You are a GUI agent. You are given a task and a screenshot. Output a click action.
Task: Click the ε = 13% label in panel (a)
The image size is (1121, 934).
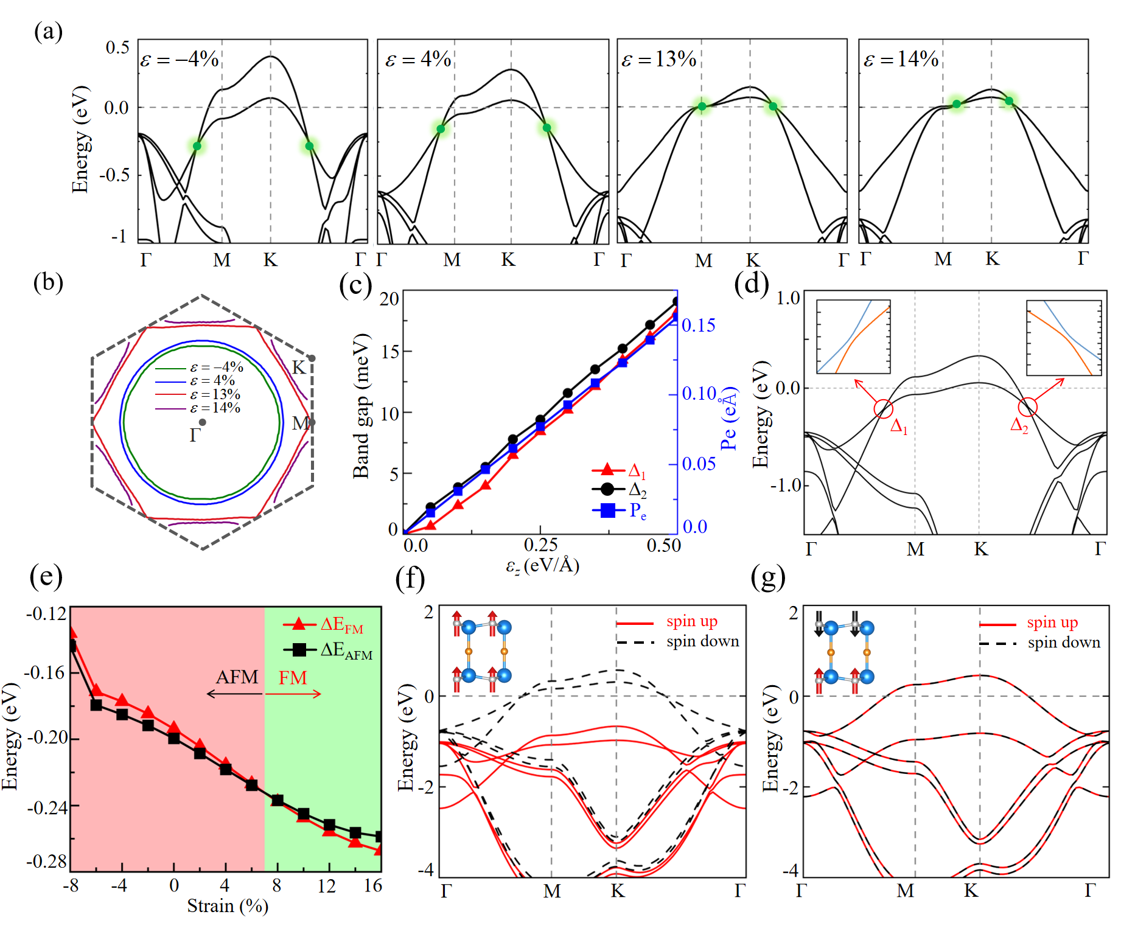(659, 60)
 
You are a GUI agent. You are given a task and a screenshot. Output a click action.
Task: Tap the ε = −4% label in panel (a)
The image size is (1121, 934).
(180, 60)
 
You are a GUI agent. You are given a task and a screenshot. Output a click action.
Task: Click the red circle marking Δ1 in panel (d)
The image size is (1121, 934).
(883, 409)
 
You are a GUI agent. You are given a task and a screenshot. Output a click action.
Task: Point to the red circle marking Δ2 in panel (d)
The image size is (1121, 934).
(1028, 406)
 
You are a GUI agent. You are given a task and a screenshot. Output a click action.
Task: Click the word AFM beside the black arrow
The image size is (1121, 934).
(237, 677)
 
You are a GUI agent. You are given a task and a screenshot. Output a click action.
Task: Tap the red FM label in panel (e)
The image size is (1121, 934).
(293, 678)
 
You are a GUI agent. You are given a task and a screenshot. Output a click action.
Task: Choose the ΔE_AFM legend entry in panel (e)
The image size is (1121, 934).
(329, 650)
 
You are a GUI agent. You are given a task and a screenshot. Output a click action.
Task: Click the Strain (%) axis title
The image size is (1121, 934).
(228, 906)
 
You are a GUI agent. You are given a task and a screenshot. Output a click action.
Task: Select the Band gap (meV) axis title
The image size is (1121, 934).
(361, 406)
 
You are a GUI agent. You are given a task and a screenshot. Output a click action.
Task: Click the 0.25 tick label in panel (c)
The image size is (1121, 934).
(540, 545)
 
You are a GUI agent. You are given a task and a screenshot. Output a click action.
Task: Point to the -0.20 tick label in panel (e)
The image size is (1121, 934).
(46, 738)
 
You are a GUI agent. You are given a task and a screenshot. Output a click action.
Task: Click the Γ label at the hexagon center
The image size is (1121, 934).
(195, 435)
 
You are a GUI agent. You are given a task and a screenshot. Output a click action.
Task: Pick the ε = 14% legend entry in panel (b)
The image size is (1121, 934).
(198, 408)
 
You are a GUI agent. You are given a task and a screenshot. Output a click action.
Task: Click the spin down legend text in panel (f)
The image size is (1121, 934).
(703, 641)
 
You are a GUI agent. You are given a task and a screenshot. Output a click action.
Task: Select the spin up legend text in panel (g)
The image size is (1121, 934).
(1052, 622)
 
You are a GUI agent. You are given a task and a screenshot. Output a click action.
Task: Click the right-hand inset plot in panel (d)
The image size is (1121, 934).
(1064, 338)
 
